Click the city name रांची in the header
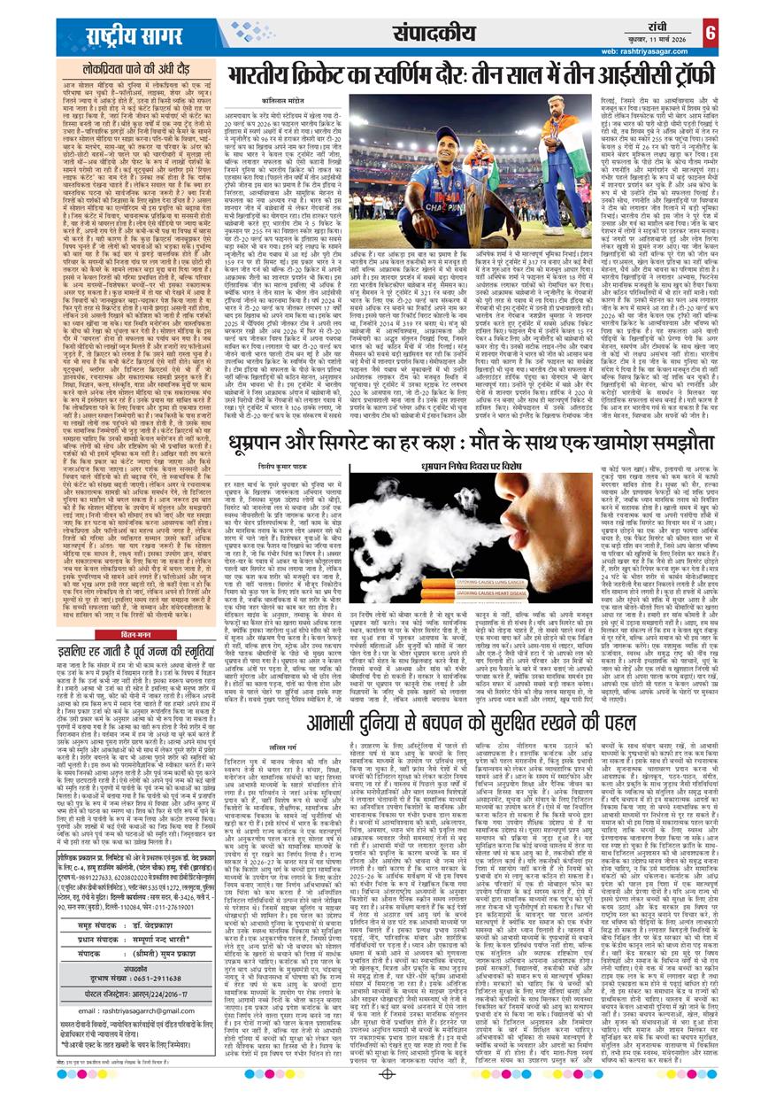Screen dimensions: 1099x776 (660, 23)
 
